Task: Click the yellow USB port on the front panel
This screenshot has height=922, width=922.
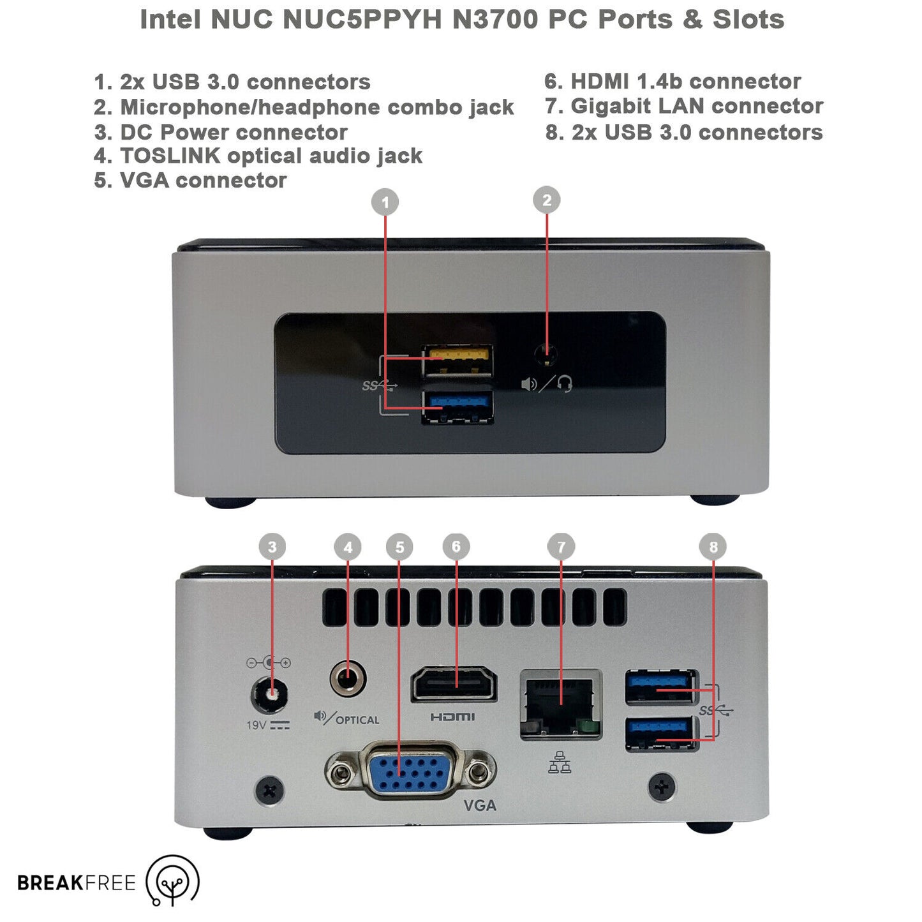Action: pyautogui.click(x=457, y=360)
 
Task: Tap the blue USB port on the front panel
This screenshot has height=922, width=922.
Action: pyautogui.click(x=457, y=406)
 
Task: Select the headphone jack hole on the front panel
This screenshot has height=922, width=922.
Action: pyautogui.click(x=546, y=355)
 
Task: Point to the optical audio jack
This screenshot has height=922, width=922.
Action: pyautogui.click(x=348, y=678)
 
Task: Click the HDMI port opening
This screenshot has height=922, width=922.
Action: pyautogui.click(x=454, y=684)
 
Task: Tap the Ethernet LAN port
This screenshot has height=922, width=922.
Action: pyautogui.click(x=560, y=704)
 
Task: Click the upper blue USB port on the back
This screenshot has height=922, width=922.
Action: pyautogui.click(x=661, y=687)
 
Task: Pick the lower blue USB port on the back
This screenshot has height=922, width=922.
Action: pyautogui.click(x=661, y=734)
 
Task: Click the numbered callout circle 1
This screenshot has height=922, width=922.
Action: pyautogui.click(x=385, y=202)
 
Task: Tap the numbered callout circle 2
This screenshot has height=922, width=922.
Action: pyautogui.click(x=546, y=200)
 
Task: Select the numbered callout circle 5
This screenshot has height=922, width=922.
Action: pyautogui.click(x=399, y=547)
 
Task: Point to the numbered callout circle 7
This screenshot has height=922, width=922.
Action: pyautogui.click(x=561, y=546)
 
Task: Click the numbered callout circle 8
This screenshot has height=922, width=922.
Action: pyautogui.click(x=713, y=546)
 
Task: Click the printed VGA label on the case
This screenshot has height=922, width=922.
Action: pyautogui.click(x=480, y=805)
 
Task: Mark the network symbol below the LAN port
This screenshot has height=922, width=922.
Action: pyautogui.click(x=560, y=762)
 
